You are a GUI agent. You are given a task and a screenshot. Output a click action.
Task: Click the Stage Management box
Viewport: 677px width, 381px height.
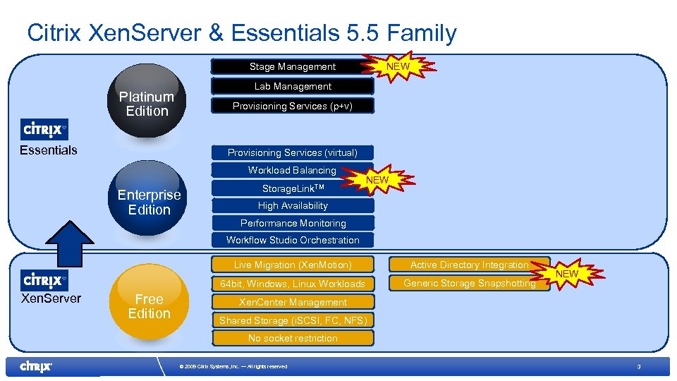click(293, 67)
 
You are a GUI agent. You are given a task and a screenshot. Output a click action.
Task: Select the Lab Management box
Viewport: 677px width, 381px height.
click(293, 86)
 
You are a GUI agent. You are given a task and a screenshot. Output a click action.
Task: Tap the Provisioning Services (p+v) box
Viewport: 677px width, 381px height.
click(293, 106)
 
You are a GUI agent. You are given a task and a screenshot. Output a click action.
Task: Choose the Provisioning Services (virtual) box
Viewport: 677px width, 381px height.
click(293, 152)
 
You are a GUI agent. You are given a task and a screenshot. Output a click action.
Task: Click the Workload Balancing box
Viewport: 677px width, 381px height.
click(293, 170)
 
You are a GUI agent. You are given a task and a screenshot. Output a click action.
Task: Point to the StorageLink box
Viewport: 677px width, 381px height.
click(293, 188)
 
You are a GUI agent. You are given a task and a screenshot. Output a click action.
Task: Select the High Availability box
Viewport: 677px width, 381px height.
click(293, 206)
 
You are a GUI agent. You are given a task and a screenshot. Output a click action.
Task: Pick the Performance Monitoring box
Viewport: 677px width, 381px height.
click(293, 223)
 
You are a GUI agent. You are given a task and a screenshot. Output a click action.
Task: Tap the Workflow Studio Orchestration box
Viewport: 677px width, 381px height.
click(293, 240)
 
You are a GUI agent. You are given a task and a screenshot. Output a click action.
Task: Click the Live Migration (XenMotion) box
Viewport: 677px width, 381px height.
click(293, 265)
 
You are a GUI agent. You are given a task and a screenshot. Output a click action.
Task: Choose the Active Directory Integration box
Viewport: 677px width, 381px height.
click(469, 265)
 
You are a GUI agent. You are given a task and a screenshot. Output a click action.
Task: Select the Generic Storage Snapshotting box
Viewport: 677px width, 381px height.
click(469, 284)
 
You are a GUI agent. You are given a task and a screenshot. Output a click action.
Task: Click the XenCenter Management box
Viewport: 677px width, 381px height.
click(293, 302)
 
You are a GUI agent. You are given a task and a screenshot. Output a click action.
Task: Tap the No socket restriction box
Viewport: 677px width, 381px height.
click(293, 338)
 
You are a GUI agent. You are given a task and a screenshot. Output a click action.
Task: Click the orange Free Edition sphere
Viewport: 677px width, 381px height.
click(149, 305)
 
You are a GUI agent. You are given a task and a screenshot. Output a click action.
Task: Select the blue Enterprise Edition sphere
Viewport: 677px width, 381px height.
click(149, 201)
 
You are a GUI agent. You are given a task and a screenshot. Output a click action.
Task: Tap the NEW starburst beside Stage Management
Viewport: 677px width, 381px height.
click(399, 66)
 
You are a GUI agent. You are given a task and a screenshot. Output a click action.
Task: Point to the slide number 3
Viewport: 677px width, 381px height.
click(638, 367)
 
